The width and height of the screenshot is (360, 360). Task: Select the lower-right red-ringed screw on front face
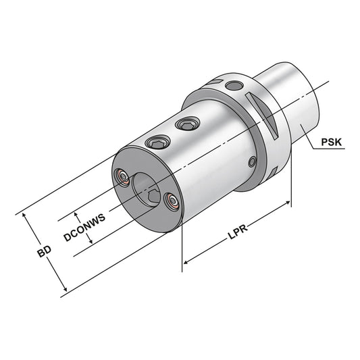[x=171, y=201]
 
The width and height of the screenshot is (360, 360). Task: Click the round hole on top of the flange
[x=234, y=86]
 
